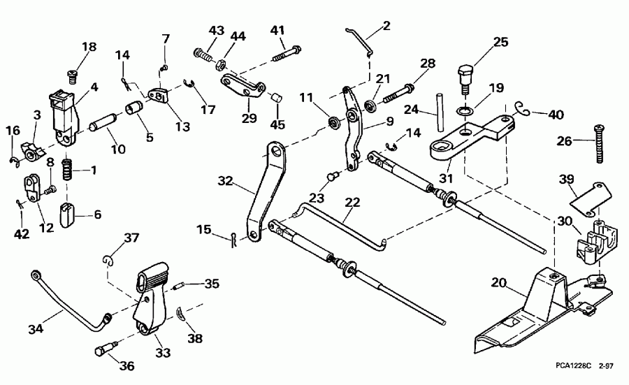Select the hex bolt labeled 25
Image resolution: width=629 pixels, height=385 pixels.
point(465,77)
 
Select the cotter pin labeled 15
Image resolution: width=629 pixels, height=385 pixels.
point(233,239)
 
